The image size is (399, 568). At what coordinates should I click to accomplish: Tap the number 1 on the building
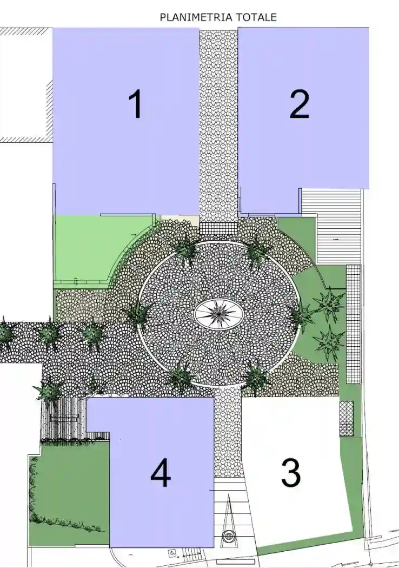coord(136,104)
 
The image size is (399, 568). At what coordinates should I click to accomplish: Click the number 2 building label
coord(299,104)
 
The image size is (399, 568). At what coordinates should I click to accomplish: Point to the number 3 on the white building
coord(291,473)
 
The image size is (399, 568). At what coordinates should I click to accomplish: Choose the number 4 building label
coord(161,475)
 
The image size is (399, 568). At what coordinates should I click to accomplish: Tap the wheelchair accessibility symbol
coord(172,553)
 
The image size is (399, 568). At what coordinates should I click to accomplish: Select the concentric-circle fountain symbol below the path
coord(229,537)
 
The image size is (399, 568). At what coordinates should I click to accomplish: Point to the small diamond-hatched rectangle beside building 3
coord(346,418)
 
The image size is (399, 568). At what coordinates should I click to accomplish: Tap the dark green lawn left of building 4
coord(68,492)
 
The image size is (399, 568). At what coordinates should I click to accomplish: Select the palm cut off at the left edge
coord(4,333)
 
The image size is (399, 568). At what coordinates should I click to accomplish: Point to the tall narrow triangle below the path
coord(228,511)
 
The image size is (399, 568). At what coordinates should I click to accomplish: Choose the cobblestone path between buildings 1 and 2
coord(218,124)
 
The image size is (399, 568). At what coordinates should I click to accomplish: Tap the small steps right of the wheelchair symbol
coord(190,554)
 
